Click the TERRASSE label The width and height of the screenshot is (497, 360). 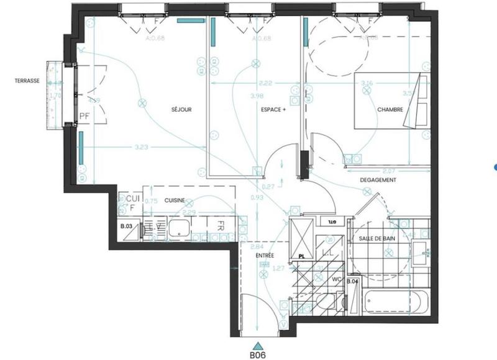28,81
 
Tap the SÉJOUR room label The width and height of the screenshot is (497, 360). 181,110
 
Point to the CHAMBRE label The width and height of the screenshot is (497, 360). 390,110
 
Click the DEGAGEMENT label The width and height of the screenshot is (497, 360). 378,179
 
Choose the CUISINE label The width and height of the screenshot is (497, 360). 176,200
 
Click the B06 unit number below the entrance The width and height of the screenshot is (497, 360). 258,355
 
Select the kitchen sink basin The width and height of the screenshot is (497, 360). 179,229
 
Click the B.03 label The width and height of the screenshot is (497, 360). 126,227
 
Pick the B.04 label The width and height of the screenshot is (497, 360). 352,281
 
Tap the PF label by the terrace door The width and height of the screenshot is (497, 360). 85,115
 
